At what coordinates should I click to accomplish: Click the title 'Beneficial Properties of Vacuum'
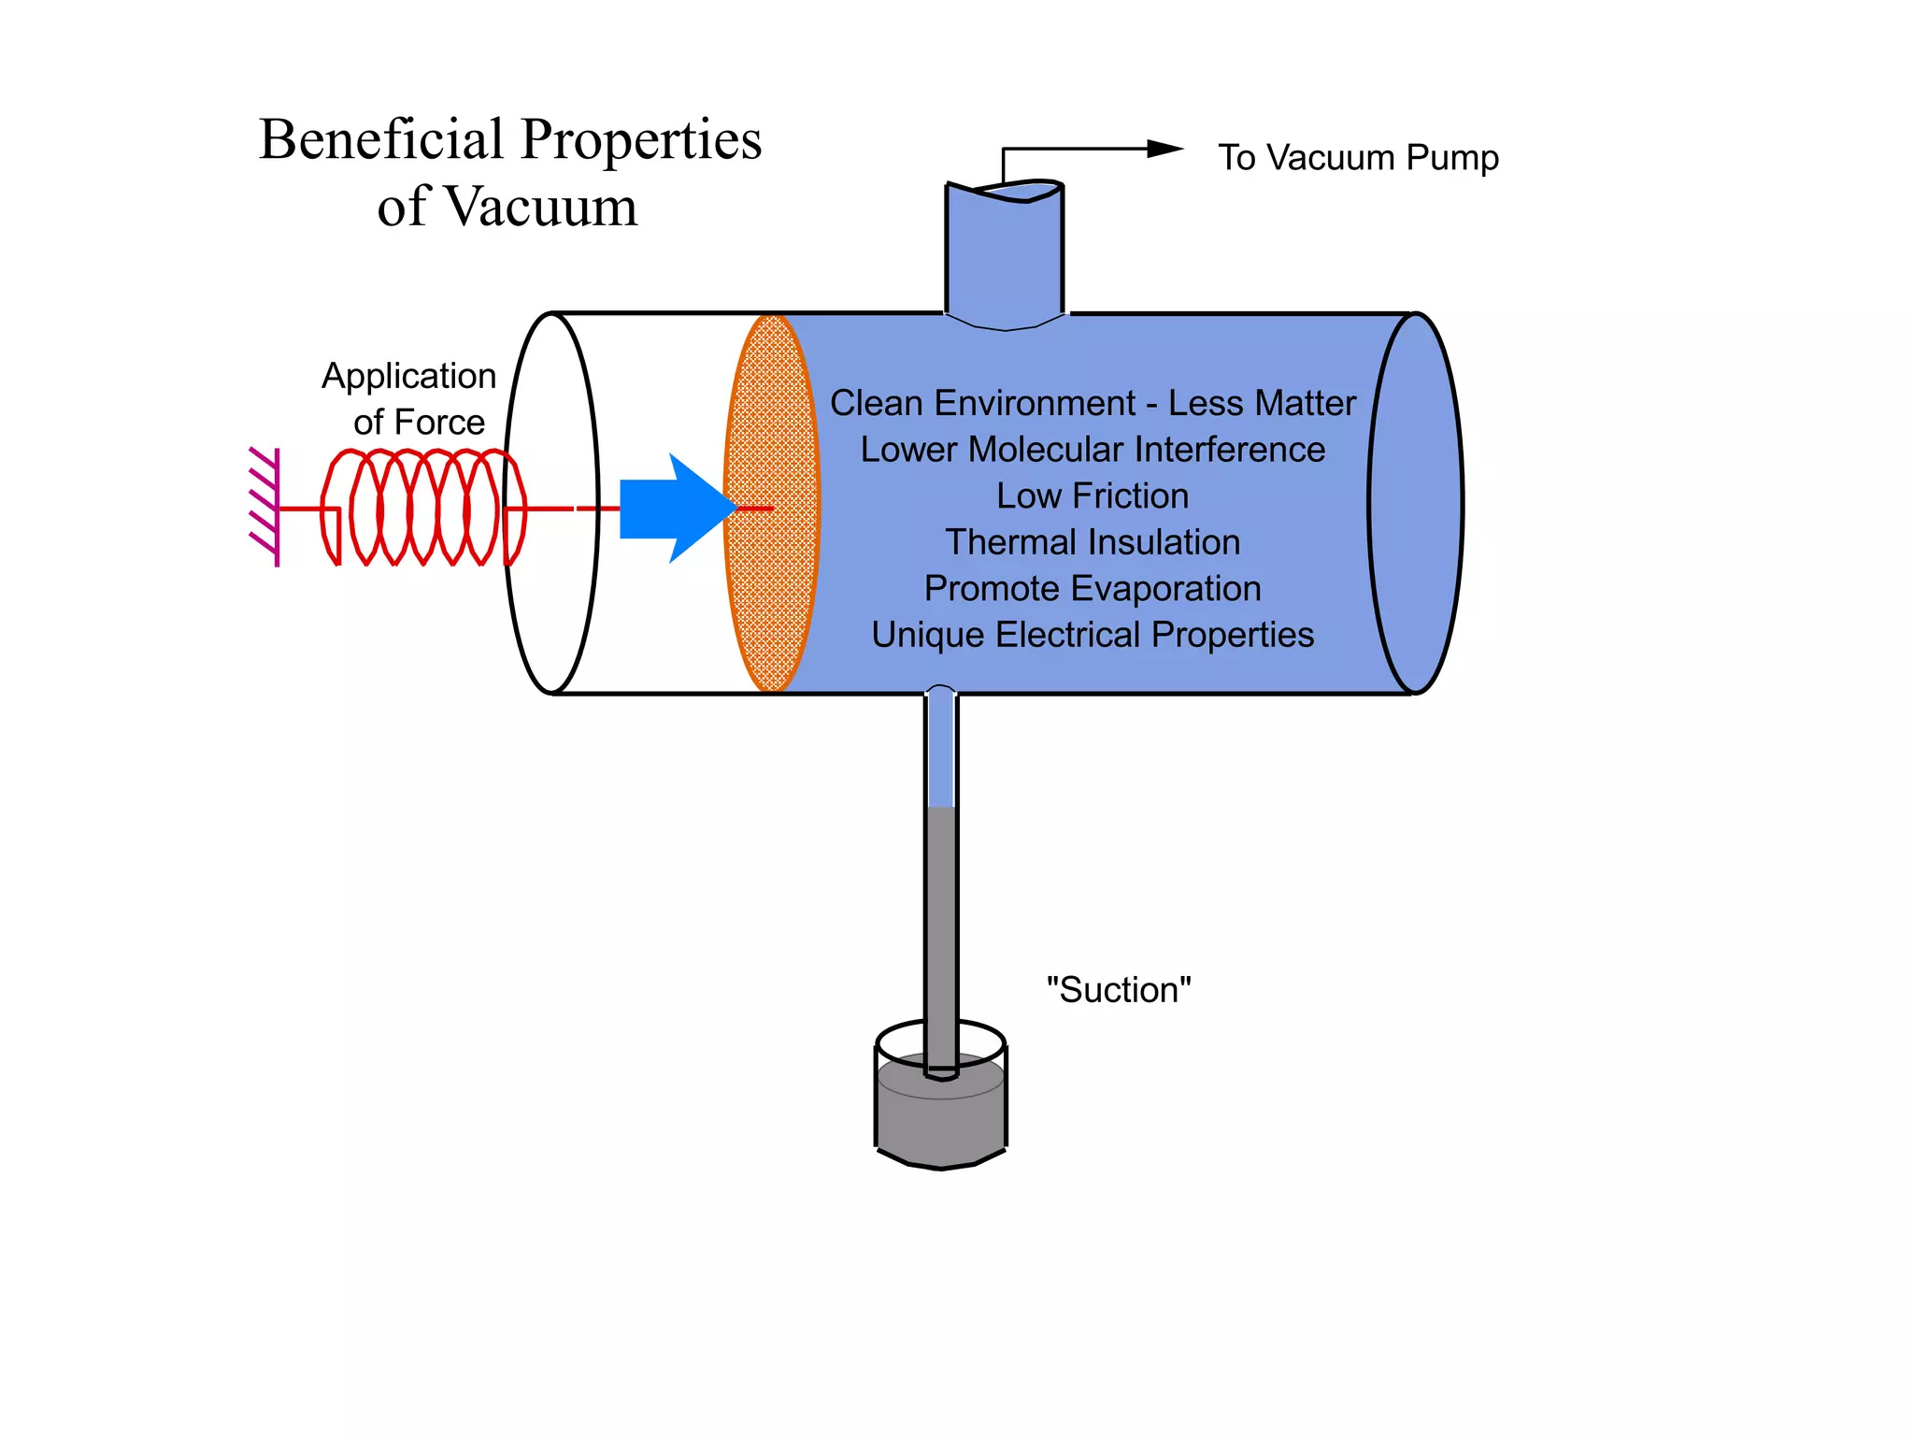pyautogui.click(x=510, y=172)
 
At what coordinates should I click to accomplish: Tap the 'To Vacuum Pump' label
pyautogui.click(x=1357, y=157)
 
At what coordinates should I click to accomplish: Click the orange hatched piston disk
pyautogui.click(x=772, y=505)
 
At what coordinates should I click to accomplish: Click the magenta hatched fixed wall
pyautogui.click(x=265, y=508)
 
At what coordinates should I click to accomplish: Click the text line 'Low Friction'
pyautogui.click(x=1092, y=495)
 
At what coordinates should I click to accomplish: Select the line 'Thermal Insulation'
pyautogui.click(x=1092, y=542)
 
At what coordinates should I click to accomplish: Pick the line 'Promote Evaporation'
pyautogui.click(x=1092, y=588)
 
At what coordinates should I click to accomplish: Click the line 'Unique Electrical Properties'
pyautogui.click(x=1092, y=635)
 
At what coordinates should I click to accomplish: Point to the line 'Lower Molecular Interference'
pyautogui.click(x=1092, y=450)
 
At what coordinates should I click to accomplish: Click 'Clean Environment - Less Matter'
pyautogui.click(x=1092, y=403)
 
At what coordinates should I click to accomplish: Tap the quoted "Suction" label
pyautogui.click(x=1118, y=989)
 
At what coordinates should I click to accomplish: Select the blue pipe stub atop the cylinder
pyautogui.click(x=1005, y=252)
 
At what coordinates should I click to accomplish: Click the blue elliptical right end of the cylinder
pyautogui.click(x=1415, y=505)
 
